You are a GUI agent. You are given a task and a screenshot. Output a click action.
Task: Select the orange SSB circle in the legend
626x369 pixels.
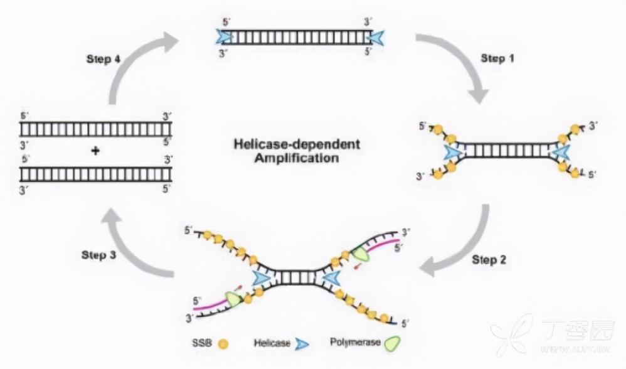click(x=222, y=344)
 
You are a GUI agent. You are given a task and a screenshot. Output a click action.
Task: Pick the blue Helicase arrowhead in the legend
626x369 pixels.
click(x=303, y=344)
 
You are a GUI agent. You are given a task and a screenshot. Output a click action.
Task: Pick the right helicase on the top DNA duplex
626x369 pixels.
click(x=376, y=38)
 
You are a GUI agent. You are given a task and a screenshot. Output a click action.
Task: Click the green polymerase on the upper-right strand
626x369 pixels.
click(x=361, y=254)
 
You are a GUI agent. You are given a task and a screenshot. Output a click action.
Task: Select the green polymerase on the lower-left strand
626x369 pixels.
click(x=233, y=299)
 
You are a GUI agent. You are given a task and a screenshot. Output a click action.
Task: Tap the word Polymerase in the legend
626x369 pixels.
click(x=351, y=343)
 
